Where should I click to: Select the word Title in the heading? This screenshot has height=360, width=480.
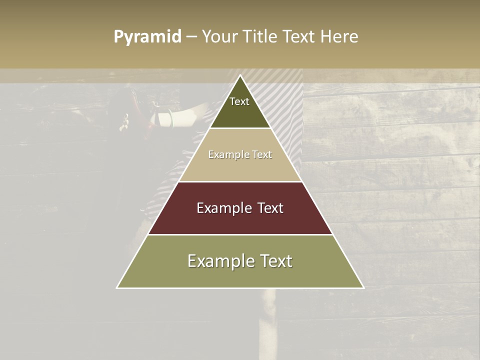pos(260,37)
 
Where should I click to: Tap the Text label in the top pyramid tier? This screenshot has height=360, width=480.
pos(239,101)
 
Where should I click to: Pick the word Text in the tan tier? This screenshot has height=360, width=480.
pos(262,155)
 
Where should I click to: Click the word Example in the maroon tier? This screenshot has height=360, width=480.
pos(223,208)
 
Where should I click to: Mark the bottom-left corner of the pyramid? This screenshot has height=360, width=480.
pos(117,288)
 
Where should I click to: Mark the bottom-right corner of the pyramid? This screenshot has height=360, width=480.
pos(363,288)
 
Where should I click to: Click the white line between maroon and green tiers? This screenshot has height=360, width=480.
pos(240,234)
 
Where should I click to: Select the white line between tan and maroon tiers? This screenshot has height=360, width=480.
pos(240,181)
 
